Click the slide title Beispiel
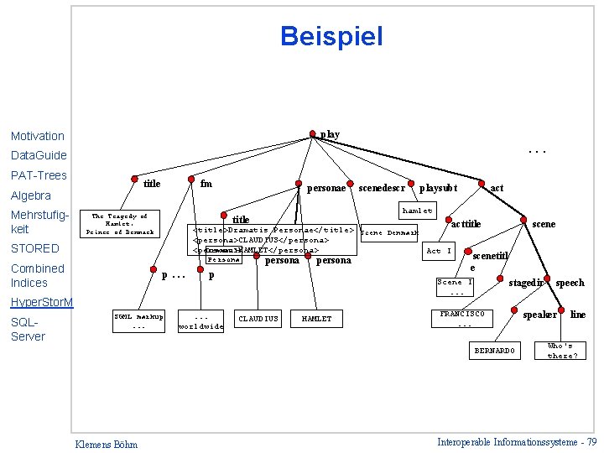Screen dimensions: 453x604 331,36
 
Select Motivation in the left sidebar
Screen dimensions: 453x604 38,136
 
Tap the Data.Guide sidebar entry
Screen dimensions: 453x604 39,155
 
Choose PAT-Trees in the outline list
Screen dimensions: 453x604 39,175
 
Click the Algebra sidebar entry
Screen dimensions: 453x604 31,195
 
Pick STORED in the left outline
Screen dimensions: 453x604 34,248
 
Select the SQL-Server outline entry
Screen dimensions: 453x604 28,329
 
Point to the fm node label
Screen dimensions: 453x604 206,184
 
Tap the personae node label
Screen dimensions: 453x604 326,189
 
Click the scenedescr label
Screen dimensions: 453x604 382,188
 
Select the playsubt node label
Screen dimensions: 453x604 438,188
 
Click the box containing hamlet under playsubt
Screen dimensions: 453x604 417,211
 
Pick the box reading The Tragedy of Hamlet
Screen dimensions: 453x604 120,224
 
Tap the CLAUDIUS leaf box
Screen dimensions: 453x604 258,319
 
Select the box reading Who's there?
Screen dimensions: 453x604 560,350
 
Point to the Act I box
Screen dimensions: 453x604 439,251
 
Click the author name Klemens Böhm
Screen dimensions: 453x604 107,444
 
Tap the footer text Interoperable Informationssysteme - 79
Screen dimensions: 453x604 517,442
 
